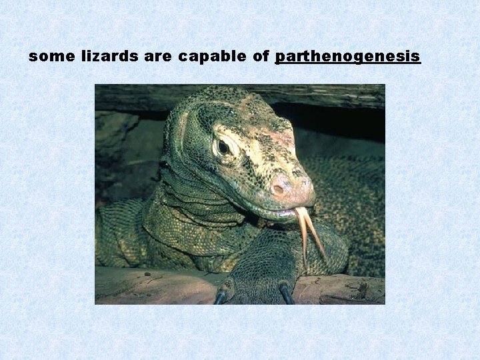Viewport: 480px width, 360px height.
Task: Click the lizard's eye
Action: pos(223,147)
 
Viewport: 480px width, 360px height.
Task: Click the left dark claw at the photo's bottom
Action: pos(221,297)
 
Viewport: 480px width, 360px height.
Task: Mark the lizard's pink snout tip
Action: pos(293,189)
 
